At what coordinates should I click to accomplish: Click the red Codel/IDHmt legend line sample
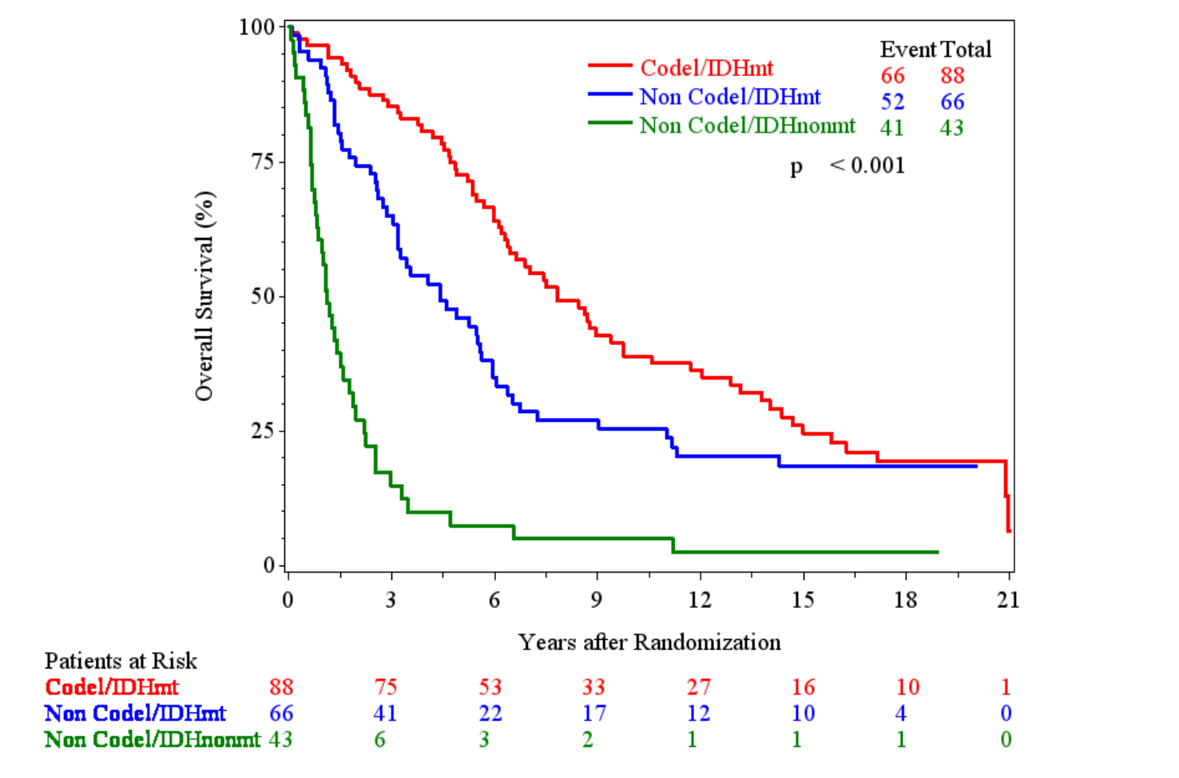tap(610, 65)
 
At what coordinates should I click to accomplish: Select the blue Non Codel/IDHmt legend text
tap(730, 97)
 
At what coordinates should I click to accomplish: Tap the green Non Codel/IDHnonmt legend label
tap(747, 125)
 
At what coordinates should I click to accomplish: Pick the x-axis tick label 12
tap(700, 600)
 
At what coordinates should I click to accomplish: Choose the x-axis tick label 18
tap(905, 600)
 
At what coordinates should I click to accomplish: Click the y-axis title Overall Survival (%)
tap(204, 296)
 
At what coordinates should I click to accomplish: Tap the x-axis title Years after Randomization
tap(649, 642)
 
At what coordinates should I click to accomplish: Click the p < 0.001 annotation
tap(848, 165)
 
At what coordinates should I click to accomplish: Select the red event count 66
tap(892, 76)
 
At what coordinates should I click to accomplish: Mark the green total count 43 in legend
tap(951, 128)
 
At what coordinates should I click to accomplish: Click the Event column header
tap(907, 50)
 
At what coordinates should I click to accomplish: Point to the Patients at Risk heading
tap(121, 661)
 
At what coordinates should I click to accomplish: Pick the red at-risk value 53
tap(490, 687)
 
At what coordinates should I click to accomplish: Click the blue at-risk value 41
tap(385, 713)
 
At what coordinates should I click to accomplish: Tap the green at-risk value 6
tap(380, 740)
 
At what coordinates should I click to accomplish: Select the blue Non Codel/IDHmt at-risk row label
tap(135, 713)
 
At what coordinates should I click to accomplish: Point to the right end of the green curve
tap(936, 552)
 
